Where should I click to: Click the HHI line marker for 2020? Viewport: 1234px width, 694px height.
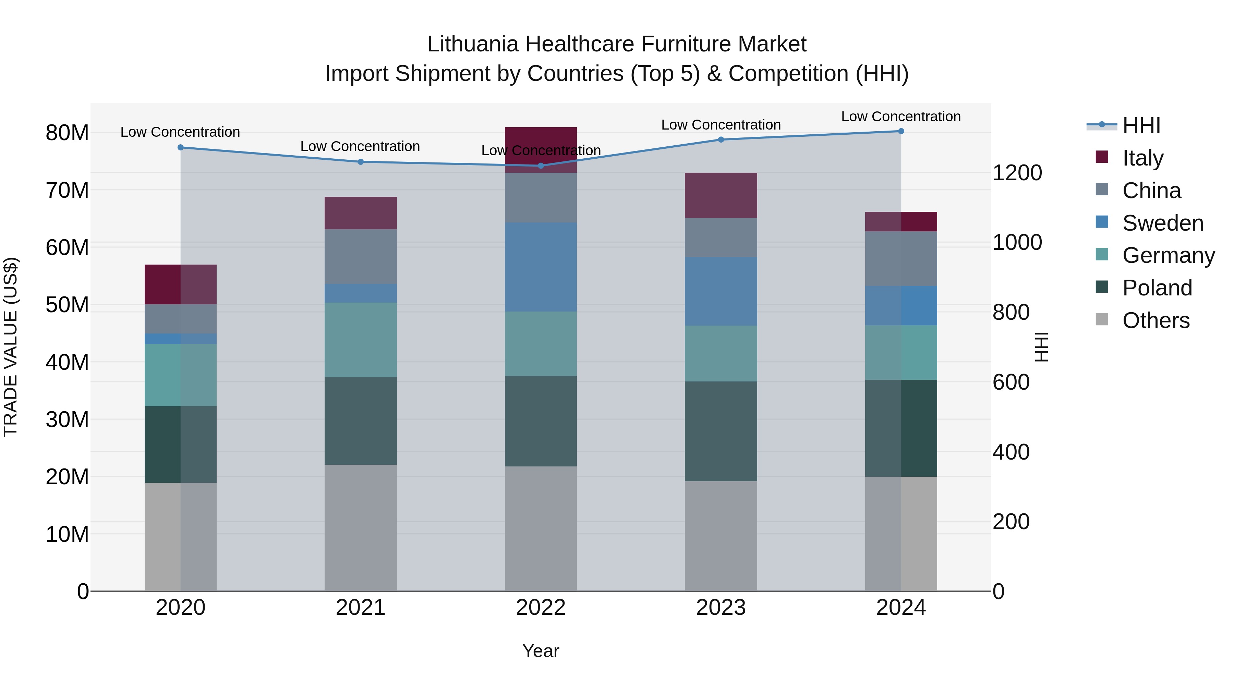181,147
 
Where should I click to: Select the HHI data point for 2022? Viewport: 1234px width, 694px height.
541,166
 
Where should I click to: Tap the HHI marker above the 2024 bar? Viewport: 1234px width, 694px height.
901,131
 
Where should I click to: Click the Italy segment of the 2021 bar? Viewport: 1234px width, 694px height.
361,213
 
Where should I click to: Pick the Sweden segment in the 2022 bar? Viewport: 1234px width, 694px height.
541,267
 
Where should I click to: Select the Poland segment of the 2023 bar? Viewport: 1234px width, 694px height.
721,431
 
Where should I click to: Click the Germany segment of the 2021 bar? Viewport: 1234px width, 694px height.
361,340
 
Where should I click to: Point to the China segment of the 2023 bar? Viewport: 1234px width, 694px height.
721,238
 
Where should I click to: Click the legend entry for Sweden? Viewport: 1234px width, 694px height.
1163,223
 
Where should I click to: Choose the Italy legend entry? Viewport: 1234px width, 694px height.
1142,158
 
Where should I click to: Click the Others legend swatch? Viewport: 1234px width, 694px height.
1102,319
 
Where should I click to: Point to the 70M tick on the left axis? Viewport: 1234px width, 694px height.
67,190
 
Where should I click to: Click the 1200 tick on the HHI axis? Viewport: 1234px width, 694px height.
1017,173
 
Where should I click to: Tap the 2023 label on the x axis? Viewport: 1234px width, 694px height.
721,608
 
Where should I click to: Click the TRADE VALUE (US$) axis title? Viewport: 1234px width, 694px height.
11,347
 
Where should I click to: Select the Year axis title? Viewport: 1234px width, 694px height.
541,651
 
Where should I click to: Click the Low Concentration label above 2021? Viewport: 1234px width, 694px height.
360,147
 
